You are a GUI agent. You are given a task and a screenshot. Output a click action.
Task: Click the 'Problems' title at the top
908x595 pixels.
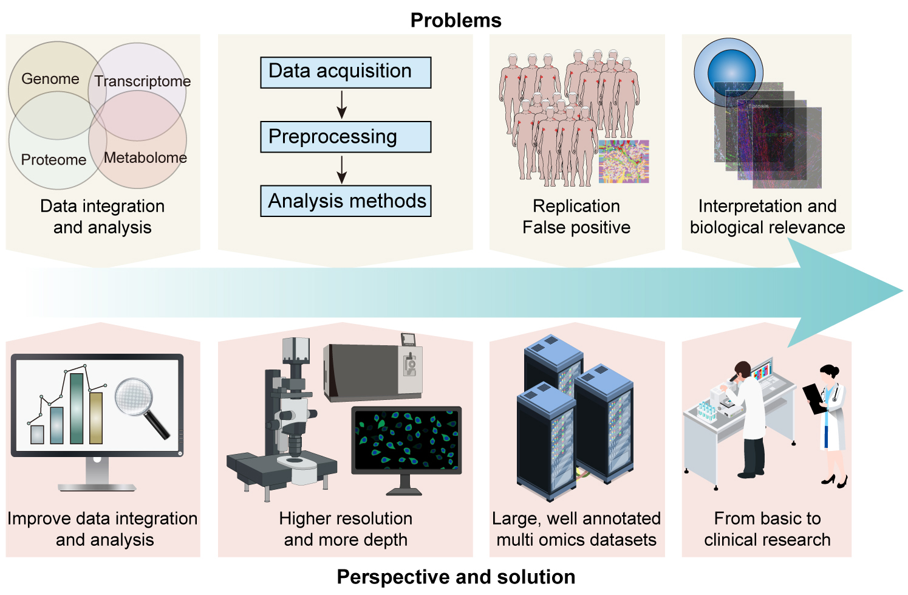[x=456, y=20]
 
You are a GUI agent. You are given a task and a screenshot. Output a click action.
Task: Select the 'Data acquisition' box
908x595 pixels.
[x=346, y=72]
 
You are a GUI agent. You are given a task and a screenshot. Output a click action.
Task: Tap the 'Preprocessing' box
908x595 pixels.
[x=346, y=137]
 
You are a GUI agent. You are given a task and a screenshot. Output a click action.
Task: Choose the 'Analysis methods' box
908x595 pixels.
[x=346, y=201]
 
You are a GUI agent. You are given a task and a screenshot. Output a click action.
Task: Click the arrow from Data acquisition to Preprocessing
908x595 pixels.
[x=342, y=105]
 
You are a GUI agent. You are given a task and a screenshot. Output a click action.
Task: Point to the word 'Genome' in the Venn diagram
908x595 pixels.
[x=50, y=79]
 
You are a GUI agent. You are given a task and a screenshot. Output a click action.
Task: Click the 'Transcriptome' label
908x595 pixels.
[x=142, y=81]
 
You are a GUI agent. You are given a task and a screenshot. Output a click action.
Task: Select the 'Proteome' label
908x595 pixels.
[x=53, y=160]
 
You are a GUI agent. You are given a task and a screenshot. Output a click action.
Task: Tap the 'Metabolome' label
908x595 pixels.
[x=145, y=158]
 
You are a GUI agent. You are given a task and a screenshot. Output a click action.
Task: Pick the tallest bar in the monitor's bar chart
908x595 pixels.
[x=77, y=408]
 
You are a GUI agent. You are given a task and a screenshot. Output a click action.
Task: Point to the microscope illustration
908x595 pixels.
[x=285, y=425]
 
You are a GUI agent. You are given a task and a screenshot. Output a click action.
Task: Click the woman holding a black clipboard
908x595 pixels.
[x=830, y=419]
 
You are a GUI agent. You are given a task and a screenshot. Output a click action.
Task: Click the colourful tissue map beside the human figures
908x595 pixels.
[x=623, y=162]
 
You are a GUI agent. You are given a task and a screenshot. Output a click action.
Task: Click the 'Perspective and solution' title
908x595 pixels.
[x=456, y=577]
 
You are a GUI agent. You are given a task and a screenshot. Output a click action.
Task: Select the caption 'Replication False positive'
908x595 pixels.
[x=576, y=217]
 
